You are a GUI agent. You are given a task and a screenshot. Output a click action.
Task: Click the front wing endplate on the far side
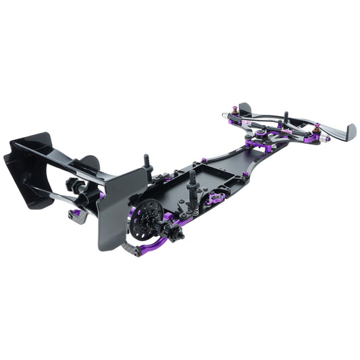244,109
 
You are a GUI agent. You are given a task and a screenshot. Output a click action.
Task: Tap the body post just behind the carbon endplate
146,163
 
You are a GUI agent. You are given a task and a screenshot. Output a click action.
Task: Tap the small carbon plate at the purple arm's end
132,250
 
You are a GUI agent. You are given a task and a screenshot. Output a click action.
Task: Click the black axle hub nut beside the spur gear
177,234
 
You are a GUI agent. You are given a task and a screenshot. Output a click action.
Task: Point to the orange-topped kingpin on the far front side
235,109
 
